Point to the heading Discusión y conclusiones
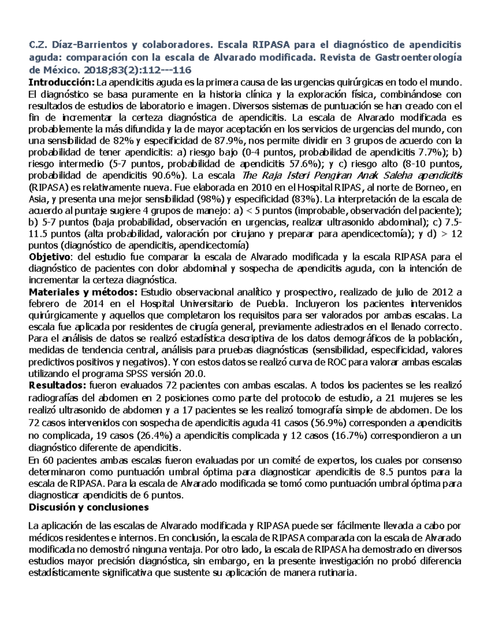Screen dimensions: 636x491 88,507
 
